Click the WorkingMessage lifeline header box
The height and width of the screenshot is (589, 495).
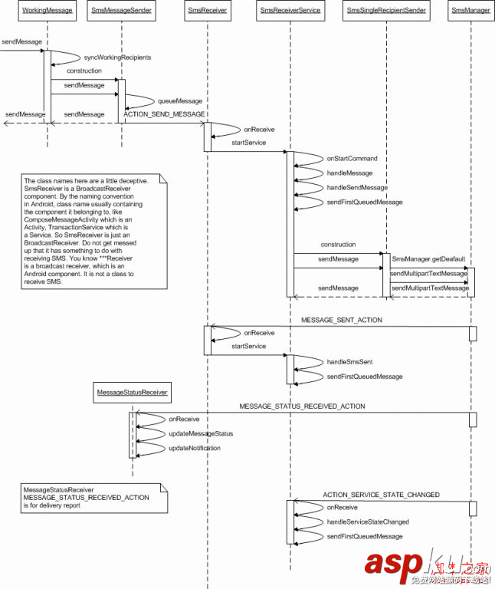[48, 11]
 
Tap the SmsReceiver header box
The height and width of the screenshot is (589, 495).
[207, 11]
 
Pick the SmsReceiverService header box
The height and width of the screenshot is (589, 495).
[290, 11]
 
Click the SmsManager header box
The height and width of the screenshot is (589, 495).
[470, 11]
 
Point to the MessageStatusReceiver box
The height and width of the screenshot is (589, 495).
[132, 393]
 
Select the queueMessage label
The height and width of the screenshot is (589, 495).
[180, 100]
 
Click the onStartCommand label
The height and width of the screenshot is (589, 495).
[352, 158]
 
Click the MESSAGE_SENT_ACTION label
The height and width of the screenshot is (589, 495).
[341, 319]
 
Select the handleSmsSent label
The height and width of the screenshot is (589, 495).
[349, 361]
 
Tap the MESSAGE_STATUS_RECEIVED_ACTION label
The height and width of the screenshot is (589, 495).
[302, 406]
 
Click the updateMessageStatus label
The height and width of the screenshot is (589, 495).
[201, 433]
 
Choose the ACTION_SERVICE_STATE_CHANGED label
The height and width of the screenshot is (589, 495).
[381, 495]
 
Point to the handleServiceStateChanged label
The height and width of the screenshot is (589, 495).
[368, 522]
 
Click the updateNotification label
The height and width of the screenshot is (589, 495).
[195, 448]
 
